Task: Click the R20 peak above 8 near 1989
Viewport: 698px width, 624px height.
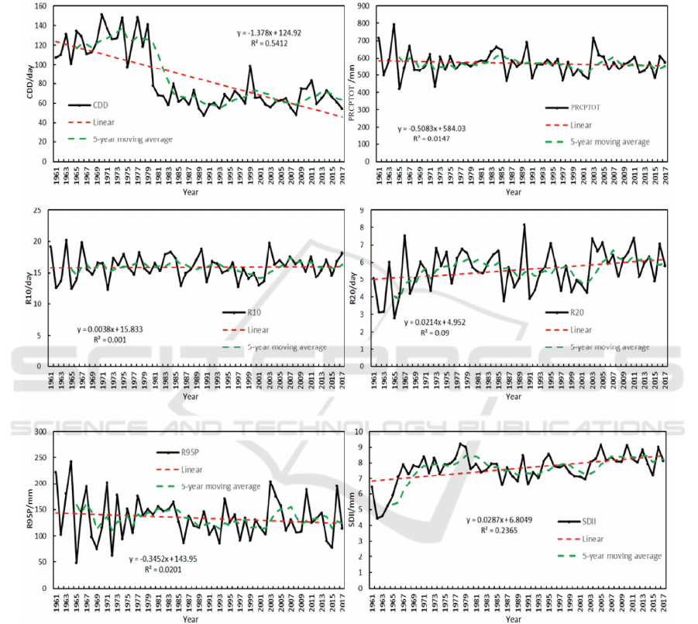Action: [x=524, y=225]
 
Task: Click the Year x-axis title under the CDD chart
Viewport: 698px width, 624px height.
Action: [x=191, y=192]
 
